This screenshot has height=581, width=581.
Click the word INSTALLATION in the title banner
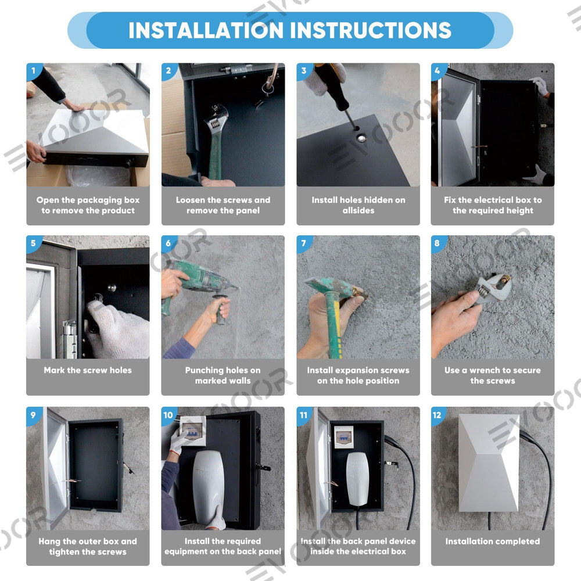(206, 30)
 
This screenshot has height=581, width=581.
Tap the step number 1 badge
(33, 70)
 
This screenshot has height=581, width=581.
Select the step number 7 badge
(304, 243)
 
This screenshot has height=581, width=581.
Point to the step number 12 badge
(437, 415)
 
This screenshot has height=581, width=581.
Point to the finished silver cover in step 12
(489, 463)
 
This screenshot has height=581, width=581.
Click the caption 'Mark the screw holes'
(88, 370)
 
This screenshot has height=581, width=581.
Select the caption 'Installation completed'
(493, 541)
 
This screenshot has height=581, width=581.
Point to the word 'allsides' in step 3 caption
(358, 210)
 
